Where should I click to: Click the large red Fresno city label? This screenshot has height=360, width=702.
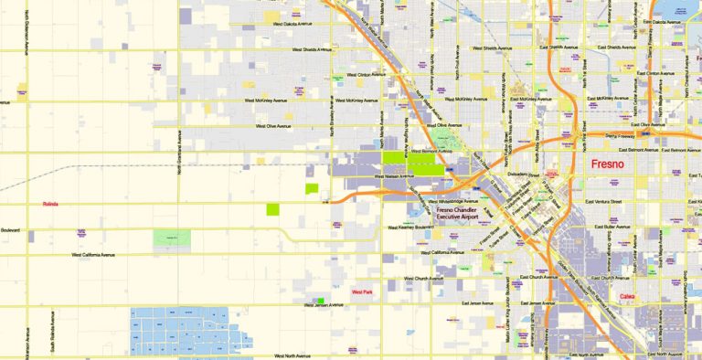click(608, 164)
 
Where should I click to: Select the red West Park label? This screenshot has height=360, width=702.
click(362, 292)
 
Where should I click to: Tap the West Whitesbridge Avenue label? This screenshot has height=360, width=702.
click(445, 201)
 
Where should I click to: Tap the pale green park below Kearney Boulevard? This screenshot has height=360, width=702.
click(172, 238)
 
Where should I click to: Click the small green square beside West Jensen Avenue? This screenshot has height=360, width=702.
click(320, 301)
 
